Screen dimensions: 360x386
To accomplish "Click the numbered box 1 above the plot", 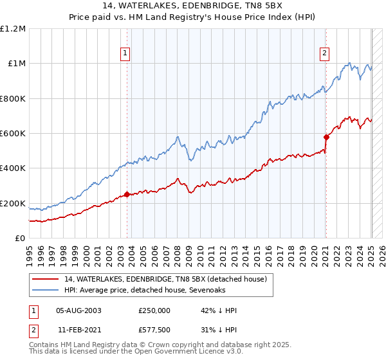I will pos(125,54).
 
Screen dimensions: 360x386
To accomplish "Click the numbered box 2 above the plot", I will pos(325,54).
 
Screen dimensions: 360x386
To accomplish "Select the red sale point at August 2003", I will pos(127,194).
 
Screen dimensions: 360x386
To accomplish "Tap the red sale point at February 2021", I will pos(326,136).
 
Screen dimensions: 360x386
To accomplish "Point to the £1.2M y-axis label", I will pos(14,29).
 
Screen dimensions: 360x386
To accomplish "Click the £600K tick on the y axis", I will pos(13,134).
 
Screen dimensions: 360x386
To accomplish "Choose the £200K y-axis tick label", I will pos(13,204).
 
